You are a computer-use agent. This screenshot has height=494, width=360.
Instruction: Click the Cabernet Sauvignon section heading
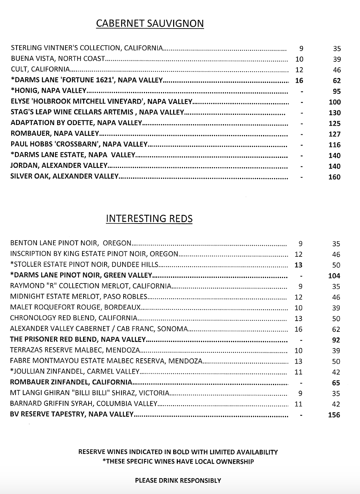(150, 24)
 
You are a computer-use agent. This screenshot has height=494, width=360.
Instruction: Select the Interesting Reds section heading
(149, 219)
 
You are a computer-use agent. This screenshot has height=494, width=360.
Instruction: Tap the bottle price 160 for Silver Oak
(334, 177)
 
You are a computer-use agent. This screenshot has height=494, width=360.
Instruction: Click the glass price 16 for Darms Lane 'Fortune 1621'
(299, 81)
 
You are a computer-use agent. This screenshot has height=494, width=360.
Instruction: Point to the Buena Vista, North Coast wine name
(58, 58)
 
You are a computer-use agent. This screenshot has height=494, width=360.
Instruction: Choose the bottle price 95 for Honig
(337, 91)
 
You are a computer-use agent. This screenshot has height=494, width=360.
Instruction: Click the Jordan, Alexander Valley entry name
(59, 166)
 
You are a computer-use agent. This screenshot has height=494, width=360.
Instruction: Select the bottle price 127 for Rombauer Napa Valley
(334, 134)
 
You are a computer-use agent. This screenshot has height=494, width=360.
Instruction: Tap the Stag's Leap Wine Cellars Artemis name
(97, 112)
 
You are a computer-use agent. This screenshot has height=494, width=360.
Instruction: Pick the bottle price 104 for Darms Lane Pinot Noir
(334, 276)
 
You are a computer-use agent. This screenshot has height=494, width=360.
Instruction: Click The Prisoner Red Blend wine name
(78, 339)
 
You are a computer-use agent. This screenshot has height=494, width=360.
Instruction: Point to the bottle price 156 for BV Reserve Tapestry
(334, 415)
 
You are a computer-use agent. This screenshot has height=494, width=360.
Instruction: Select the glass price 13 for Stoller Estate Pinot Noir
(298, 265)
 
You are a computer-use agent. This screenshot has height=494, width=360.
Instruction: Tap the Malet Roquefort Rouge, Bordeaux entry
(75, 308)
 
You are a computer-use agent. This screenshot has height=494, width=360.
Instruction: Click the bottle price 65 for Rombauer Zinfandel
(336, 383)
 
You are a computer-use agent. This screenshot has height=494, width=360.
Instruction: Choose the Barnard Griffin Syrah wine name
(83, 404)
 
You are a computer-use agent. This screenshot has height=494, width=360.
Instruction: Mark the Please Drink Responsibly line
(178, 481)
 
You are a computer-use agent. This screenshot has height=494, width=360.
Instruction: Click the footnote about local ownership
(178, 461)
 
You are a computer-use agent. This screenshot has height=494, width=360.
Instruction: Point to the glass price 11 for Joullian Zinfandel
(298, 372)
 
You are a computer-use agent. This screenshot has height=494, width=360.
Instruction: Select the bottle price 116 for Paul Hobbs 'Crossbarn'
(334, 145)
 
